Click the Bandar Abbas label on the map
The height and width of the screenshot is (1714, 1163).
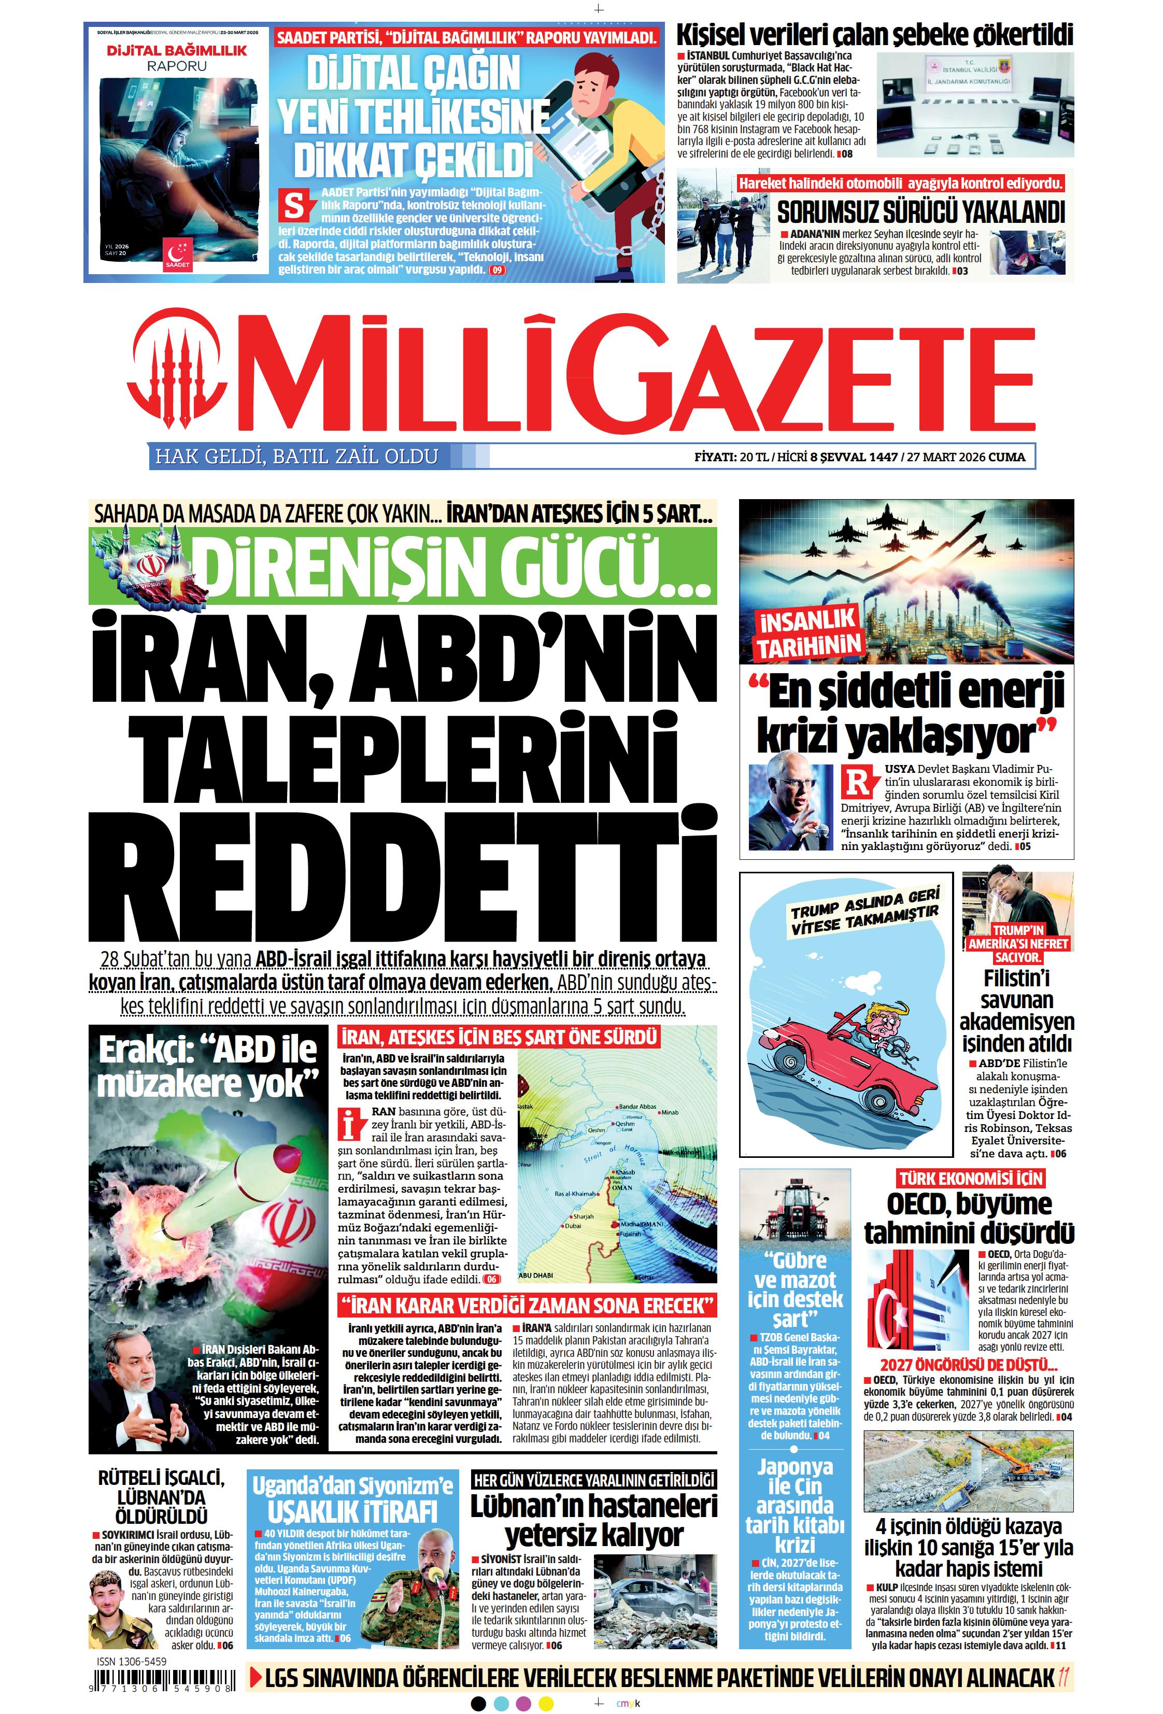pyautogui.click(x=637, y=1106)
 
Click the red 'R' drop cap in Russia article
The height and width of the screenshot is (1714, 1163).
pyautogui.click(x=858, y=782)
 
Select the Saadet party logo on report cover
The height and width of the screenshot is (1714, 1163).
pyautogui.click(x=178, y=253)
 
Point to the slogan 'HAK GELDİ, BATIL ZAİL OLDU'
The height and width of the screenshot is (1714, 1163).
pyautogui.click(x=296, y=457)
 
